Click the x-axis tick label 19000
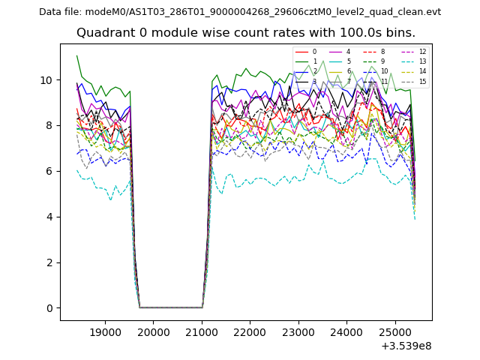click(x=105, y=331)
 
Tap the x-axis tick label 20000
click(x=153, y=331)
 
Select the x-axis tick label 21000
click(x=202, y=331)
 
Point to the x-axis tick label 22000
click(x=250, y=331)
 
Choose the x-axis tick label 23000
click(x=298, y=331)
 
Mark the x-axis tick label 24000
click(x=346, y=331)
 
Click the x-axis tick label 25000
click(x=394, y=331)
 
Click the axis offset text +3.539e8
click(x=406, y=346)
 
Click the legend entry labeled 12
click(x=422, y=52)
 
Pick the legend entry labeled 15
click(x=422, y=82)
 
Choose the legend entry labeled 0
click(x=314, y=52)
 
